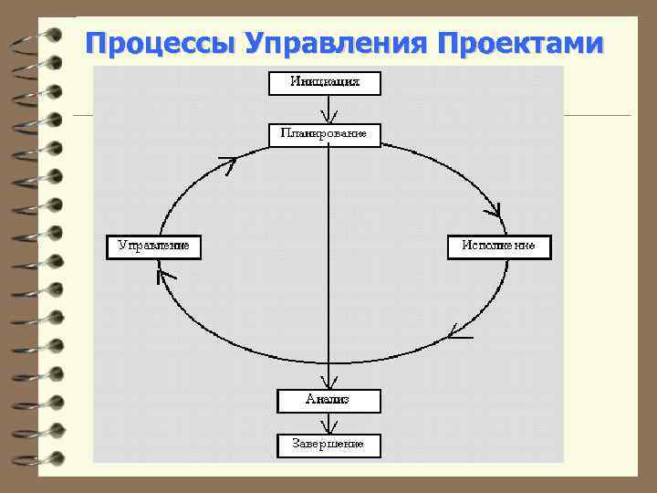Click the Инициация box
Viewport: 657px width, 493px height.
coord(324,82)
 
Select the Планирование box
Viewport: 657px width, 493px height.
coord(324,134)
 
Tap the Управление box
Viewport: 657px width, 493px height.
coord(153,246)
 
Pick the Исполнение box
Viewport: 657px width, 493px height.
coord(498,246)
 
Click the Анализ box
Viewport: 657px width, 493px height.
coord(328,400)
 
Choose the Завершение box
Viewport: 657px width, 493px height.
coord(328,445)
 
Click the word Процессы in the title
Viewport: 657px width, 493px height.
coord(161,43)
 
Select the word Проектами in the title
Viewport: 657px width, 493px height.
coord(520,43)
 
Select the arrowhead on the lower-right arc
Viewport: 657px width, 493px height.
coord(459,332)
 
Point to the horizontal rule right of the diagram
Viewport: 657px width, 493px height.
coord(597,115)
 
